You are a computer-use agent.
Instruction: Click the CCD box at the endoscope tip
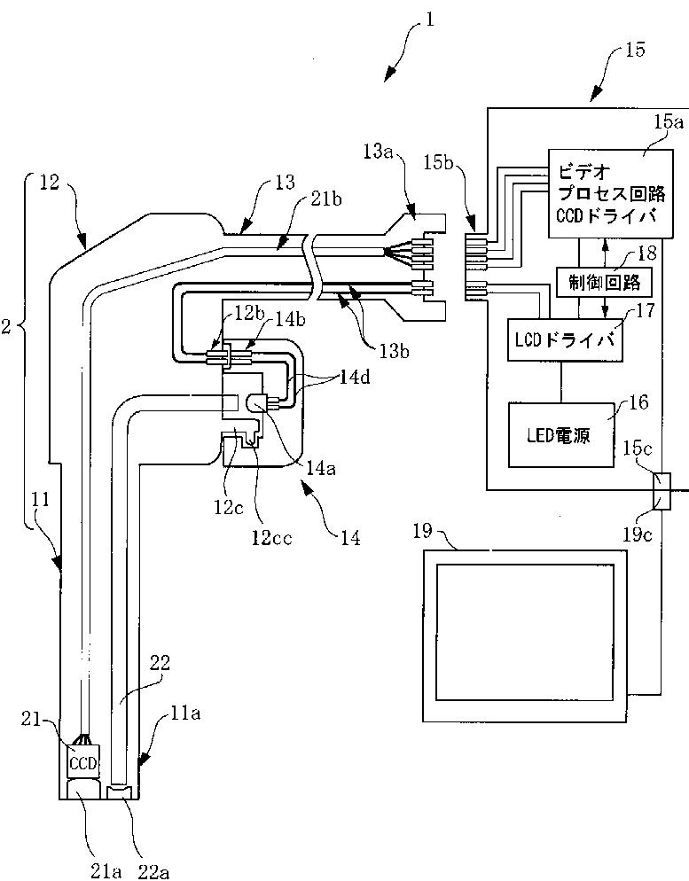click(x=83, y=762)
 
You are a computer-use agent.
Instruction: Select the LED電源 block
click(x=560, y=434)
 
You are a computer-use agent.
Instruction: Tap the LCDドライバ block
click(x=565, y=339)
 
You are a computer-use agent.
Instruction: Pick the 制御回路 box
click(x=604, y=281)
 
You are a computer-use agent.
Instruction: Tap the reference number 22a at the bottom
click(x=153, y=871)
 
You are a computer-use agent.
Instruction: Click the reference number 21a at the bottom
click(x=106, y=871)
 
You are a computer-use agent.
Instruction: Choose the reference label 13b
click(x=392, y=351)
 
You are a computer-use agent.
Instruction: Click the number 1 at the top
click(x=430, y=20)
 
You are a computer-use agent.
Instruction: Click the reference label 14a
click(x=319, y=469)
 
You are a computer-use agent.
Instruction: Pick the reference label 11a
click(x=186, y=713)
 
